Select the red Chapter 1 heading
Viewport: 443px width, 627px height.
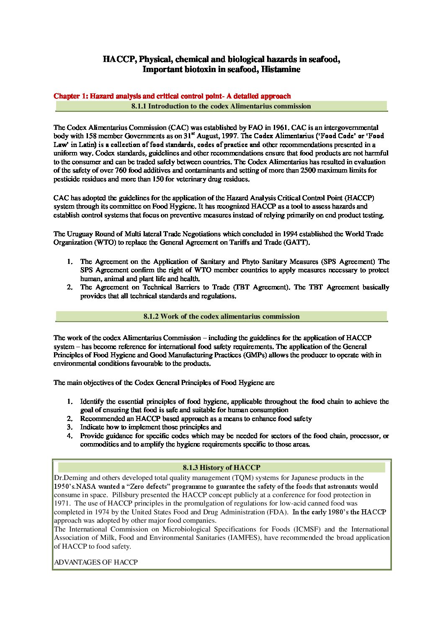pyautogui.click(x=172, y=96)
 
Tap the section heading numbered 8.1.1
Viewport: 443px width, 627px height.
pyautogui.click(x=221, y=106)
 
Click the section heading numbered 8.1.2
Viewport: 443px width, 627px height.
pyautogui.click(x=221, y=317)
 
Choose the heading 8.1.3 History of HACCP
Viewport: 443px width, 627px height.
pyautogui.click(x=221, y=467)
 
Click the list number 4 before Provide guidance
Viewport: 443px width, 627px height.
pyautogui.click(x=70, y=436)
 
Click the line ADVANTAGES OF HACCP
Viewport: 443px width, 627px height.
pyautogui.click(x=96, y=562)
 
